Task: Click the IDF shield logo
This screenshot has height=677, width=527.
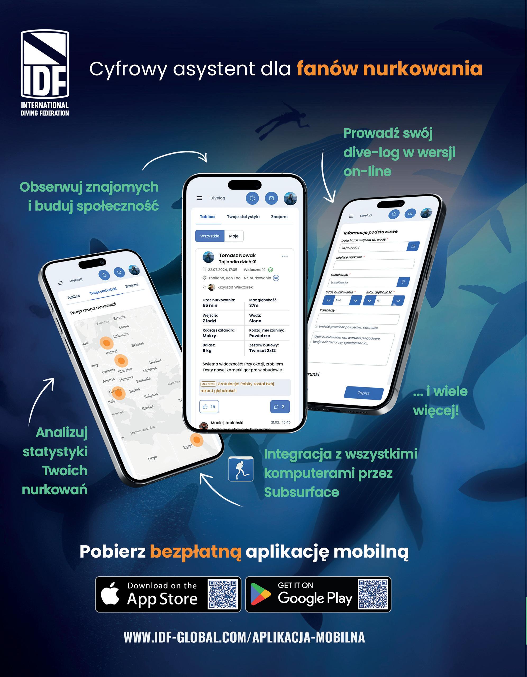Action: pos(45,64)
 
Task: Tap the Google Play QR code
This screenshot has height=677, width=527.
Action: pos(373,594)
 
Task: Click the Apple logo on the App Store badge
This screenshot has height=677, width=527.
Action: pos(110,594)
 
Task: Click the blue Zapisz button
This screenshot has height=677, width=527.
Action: pos(364,393)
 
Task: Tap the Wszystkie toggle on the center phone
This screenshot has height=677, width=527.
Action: pos(210,236)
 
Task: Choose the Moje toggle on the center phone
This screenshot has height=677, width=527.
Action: pos(234,236)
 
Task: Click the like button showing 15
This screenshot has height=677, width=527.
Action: pos(209,407)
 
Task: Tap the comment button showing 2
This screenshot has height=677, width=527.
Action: pos(280,407)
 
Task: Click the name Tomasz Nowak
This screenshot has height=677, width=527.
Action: pos(237,255)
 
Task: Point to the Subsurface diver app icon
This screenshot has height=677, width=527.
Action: pos(241,469)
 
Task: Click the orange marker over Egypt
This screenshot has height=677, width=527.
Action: pos(196,439)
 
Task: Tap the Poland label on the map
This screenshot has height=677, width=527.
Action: pos(112,352)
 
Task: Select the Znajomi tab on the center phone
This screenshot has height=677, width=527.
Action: pos(279,217)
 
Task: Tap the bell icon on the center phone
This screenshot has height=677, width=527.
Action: pos(252,198)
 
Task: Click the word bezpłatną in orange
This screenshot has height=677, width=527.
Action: pos(196,552)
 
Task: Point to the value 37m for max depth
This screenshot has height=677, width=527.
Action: pos(254,305)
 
